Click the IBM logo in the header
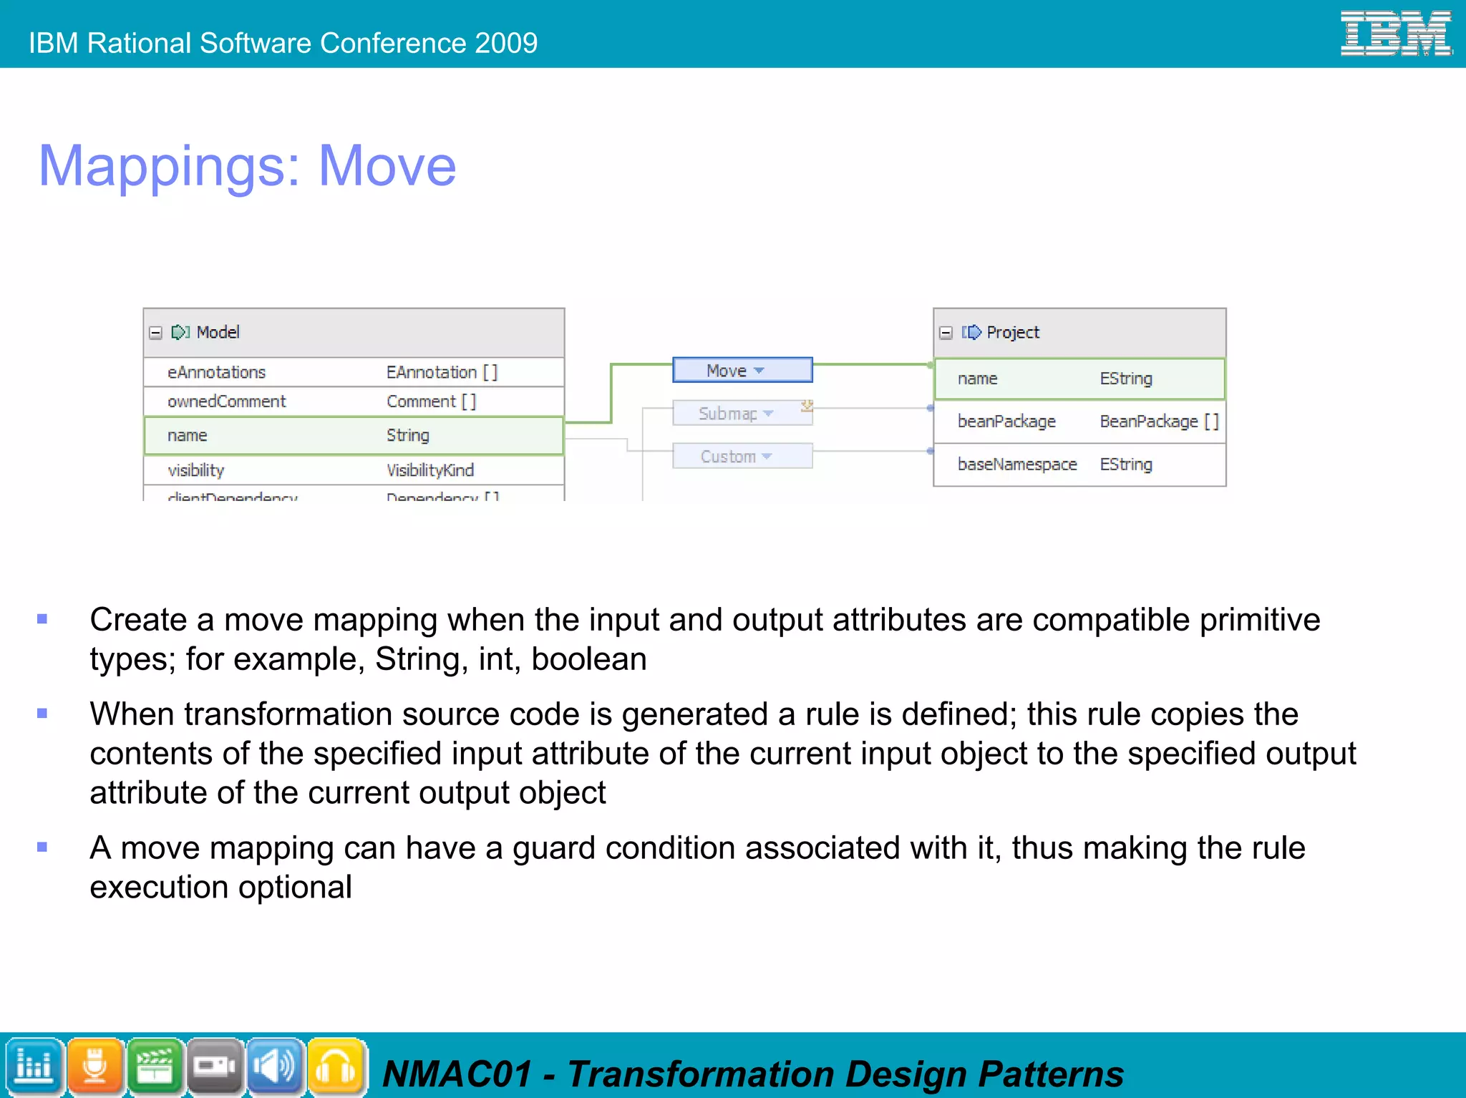[1395, 33]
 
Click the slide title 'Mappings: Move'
[247, 166]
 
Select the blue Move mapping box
[742, 370]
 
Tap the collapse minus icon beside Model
[155, 333]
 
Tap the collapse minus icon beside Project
[946, 333]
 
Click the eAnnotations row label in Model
[216, 372]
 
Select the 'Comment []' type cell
[431, 402]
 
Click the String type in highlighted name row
[408, 435]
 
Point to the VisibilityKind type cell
[430, 470]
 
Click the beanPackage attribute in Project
[1006, 422]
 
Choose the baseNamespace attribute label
[1016, 465]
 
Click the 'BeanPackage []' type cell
[1158, 422]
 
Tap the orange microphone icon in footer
[94, 1067]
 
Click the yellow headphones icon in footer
[336, 1067]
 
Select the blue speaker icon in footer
[276, 1067]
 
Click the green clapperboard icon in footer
[155, 1067]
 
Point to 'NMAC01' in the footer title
[457, 1074]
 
